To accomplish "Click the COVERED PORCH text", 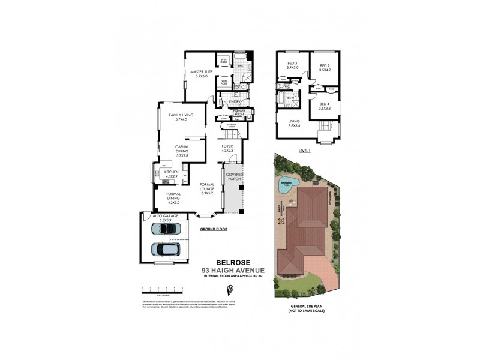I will [x=235, y=176].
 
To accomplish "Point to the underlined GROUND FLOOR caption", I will [x=212, y=229].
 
